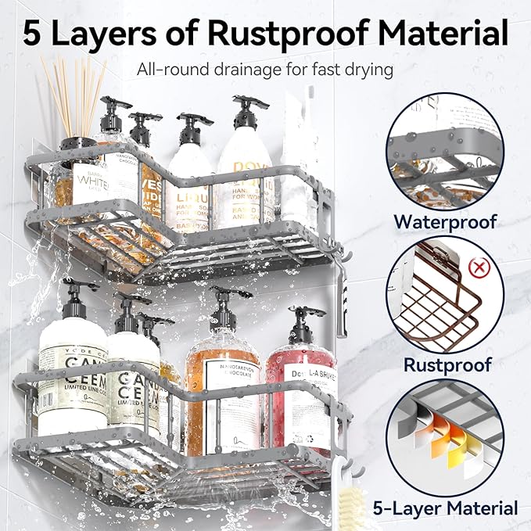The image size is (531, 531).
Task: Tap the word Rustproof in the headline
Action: click(x=293, y=34)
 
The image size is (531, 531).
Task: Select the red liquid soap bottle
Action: click(x=300, y=391)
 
